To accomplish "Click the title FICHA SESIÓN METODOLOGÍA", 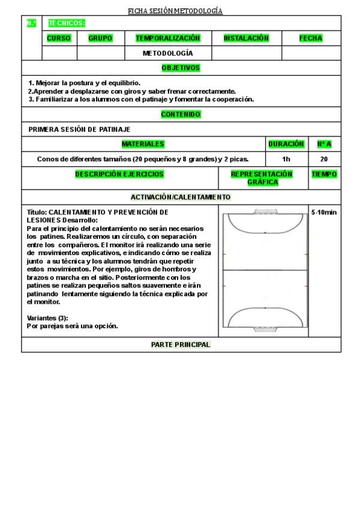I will [x=175, y=11].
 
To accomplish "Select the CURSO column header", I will [x=59, y=38].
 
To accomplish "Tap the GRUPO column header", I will [x=100, y=38].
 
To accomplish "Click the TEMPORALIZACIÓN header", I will [x=167, y=38].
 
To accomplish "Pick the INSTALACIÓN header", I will [x=246, y=38].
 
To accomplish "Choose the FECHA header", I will [x=311, y=38].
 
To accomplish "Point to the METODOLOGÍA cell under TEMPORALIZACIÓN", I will [x=167, y=53].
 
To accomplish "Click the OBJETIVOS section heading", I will [x=181, y=68].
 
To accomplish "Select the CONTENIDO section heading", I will [x=181, y=114].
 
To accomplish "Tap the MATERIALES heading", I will [x=143, y=144].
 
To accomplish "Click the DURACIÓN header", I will [x=286, y=144].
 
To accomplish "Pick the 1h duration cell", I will [x=286, y=160].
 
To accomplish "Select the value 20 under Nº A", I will [x=324, y=160].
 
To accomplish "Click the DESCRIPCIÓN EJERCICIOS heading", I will [x=119, y=174].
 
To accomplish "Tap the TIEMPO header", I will [x=324, y=174].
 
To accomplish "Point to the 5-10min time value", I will [x=324, y=212].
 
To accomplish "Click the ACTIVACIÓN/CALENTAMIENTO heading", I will [x=181, y=197].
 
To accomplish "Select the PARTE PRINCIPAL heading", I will [x=181, y=345].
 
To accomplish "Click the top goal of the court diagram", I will [x=265, y=211].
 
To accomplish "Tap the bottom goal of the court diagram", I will [x=265, y=329].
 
